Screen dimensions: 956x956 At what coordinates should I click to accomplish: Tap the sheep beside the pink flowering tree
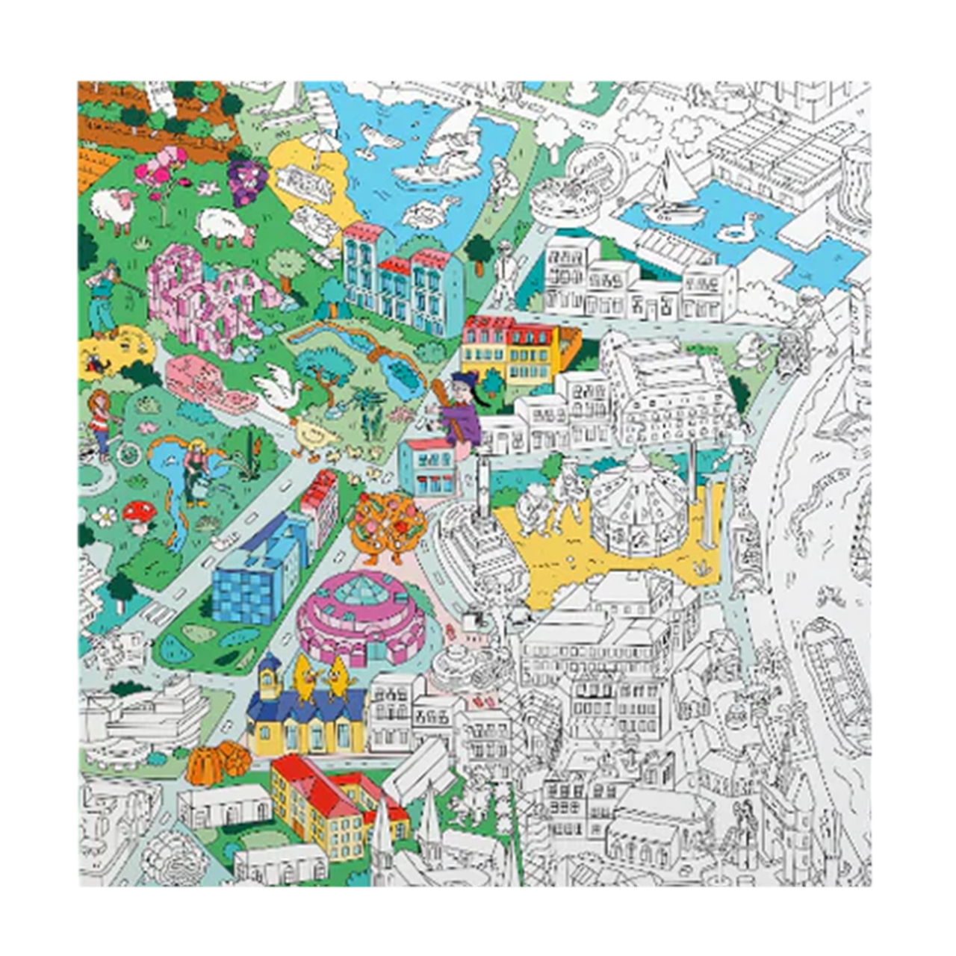[114, 208]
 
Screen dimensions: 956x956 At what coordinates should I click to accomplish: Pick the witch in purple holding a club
[458, 411]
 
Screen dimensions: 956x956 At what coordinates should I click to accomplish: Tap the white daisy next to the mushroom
[106, 515]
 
